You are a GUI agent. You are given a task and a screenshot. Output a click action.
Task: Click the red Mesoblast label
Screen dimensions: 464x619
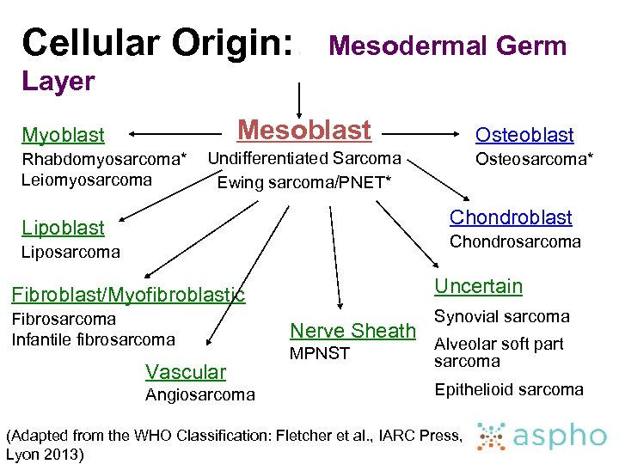[304, 130]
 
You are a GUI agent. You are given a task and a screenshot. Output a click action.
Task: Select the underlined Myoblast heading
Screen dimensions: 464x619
[63, 135]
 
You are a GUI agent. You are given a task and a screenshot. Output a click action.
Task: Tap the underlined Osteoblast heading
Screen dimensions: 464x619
[524, 135]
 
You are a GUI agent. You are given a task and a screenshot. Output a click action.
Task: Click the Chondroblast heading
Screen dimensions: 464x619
[511, 217]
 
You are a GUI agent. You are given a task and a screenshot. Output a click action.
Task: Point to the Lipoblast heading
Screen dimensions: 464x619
[63, 228]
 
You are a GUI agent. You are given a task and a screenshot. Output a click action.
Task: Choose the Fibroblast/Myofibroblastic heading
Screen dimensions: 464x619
[128, 296]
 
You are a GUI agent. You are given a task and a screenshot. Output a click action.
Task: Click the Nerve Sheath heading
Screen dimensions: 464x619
[352, 330]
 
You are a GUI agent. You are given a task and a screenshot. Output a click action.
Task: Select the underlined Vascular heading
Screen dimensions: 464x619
[186, 372]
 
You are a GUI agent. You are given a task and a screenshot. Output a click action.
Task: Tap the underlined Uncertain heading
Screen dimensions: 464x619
[478, 286]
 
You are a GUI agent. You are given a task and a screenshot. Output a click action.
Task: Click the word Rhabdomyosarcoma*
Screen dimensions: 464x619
[103, 159]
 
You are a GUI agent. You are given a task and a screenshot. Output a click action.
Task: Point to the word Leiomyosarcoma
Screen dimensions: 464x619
[87, 180]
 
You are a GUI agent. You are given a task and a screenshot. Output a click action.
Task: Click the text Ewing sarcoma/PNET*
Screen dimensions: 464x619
[304, 182]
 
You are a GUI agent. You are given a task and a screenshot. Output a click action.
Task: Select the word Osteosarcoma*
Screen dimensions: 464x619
[534, 159]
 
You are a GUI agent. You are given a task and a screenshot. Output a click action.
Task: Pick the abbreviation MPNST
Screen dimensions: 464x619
[320, 353]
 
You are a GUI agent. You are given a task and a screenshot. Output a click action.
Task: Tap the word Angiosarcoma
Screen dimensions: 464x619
[199, 395]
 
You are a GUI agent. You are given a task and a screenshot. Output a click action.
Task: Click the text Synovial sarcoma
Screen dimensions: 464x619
[502, 316]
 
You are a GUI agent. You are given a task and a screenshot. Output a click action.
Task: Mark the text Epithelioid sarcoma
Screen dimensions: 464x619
[509, 389]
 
